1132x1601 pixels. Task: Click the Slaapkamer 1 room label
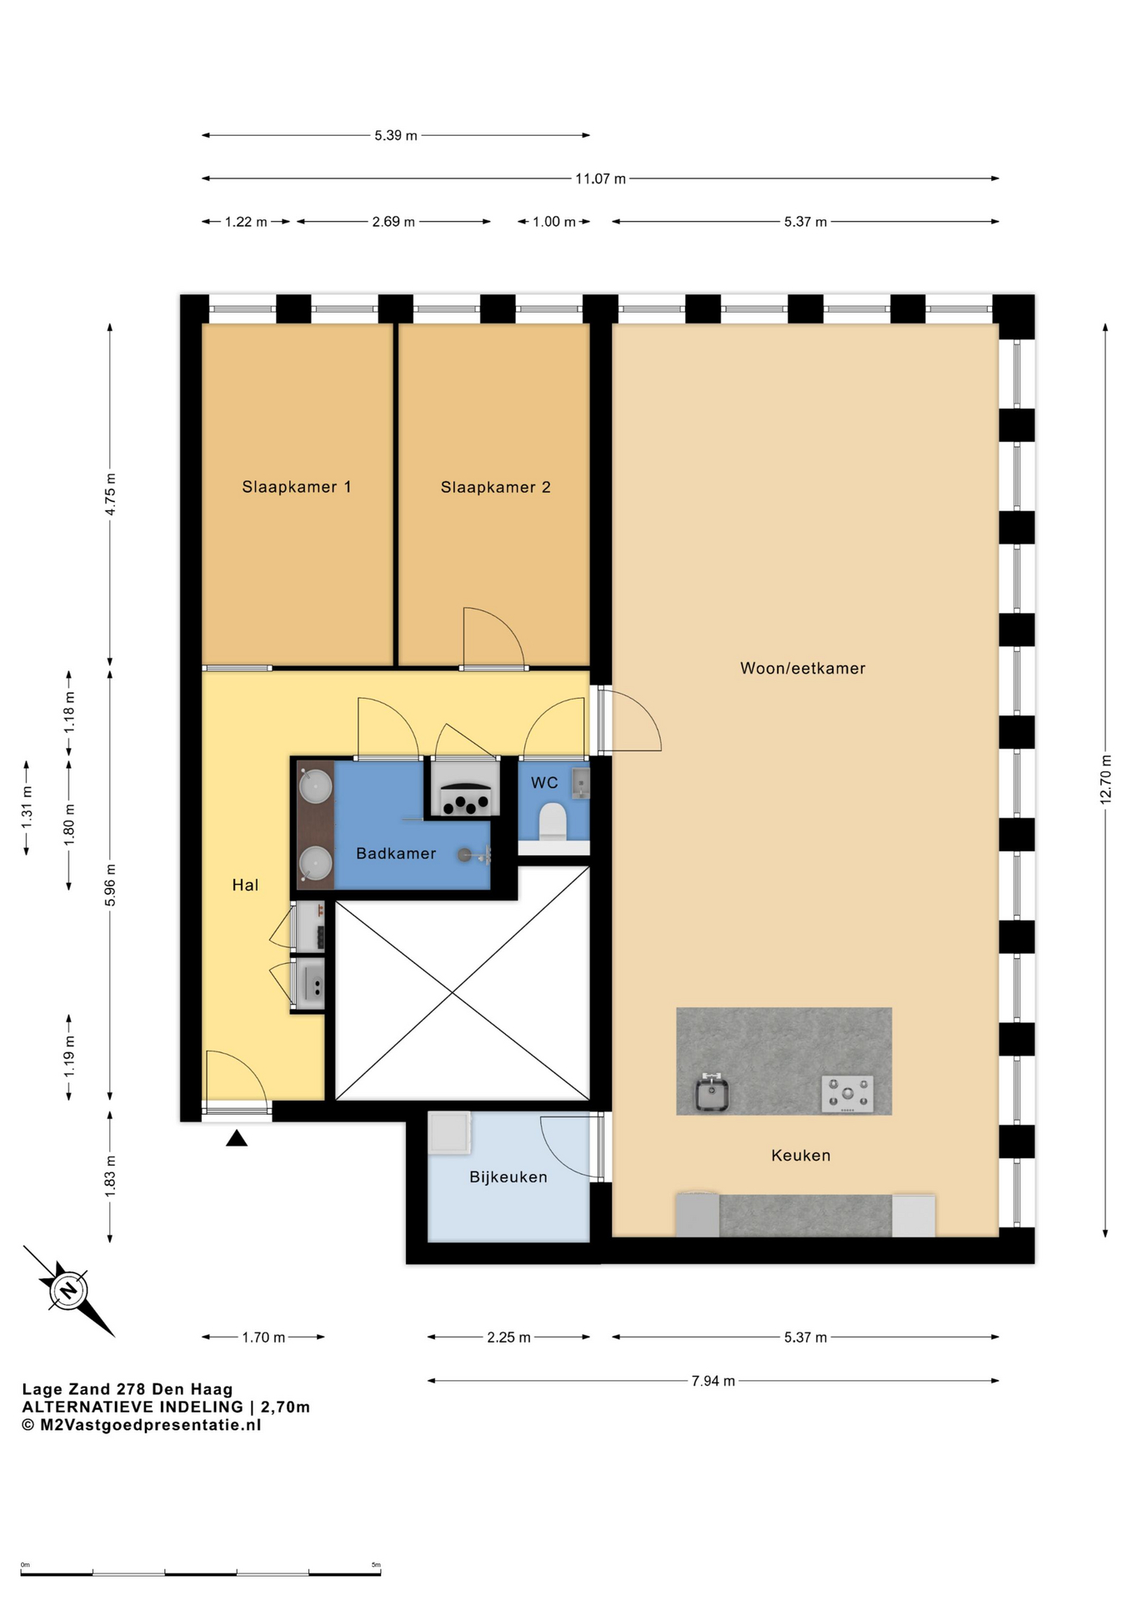296,487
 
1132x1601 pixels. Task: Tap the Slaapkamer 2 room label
495,487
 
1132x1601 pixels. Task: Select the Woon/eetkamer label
803,668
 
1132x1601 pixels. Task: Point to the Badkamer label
396,853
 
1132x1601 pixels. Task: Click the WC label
544,782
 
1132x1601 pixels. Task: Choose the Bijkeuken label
508,1177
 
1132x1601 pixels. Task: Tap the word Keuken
801,1155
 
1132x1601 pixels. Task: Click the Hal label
245,885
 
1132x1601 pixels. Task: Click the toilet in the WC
553,821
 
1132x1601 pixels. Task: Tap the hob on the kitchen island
848,1094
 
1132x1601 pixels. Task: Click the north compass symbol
68,1291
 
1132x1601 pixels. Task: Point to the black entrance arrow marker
237,1138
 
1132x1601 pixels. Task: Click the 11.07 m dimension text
600,178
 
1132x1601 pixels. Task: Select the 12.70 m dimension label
1105,780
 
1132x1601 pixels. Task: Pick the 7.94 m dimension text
714,1381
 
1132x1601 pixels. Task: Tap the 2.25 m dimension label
508,1338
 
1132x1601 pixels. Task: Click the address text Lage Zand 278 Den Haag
128,1389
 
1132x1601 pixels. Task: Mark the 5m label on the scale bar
376,1565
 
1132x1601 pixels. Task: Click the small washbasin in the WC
581,783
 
